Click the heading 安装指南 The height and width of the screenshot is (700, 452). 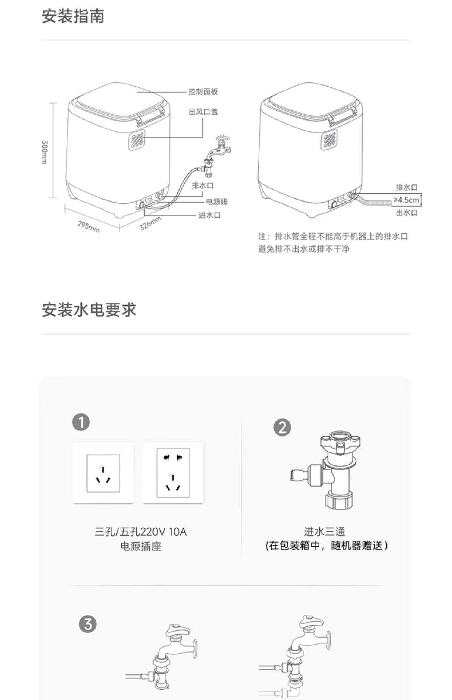(x=73, y=16)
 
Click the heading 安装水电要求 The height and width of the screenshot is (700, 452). (x=89, y=310)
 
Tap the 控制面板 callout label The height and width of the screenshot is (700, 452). (x=203, y=92)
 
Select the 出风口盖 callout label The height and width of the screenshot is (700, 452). (x=203, y=112)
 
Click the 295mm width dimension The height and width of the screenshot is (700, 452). (x=89, y=227)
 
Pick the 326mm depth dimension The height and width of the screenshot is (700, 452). (x=150, y=223)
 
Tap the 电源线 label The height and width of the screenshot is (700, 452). (x=216, y=202)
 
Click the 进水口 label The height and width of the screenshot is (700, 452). (x=209, y=215)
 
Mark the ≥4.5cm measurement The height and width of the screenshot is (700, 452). (x=406, y=200)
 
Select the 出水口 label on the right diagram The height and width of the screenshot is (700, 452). (x=406, y=213)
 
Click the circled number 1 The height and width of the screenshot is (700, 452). (x=81, y=422)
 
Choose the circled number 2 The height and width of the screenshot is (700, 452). (x=282, y=427)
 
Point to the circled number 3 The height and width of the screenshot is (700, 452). (x=88, y=624)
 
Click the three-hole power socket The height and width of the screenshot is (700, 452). (x=103, y=473)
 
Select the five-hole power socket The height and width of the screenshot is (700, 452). (x=173, y=473)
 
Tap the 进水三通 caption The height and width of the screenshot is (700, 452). (x=324, y=531)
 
